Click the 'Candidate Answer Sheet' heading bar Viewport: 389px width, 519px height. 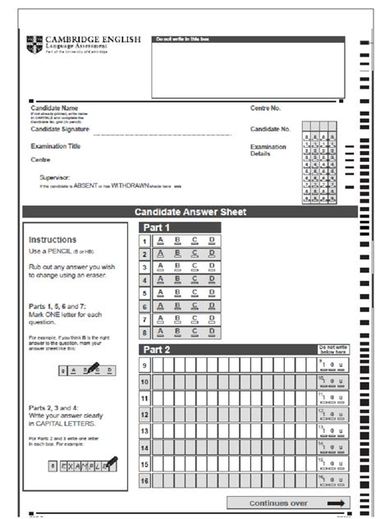pos(190,212)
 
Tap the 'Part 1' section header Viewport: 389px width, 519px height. pos(157,227)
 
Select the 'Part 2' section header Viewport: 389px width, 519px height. pos(157,349)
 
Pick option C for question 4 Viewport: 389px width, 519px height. pos(194,280)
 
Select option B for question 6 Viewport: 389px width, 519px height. pos(178,306)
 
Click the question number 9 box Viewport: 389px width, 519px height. pos(144,365)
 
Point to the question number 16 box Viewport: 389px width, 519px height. pos(144,480)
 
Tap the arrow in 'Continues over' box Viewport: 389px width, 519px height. pos(336,503)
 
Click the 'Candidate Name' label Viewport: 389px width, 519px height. pos(54,108)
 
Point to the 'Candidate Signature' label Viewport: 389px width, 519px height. pos(61,129)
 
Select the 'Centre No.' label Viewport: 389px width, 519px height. pos(266,108)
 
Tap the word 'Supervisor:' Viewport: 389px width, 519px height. pos(55,177)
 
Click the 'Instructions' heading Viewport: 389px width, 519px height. pos(53,240)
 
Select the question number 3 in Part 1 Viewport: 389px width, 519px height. pos(144,267)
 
